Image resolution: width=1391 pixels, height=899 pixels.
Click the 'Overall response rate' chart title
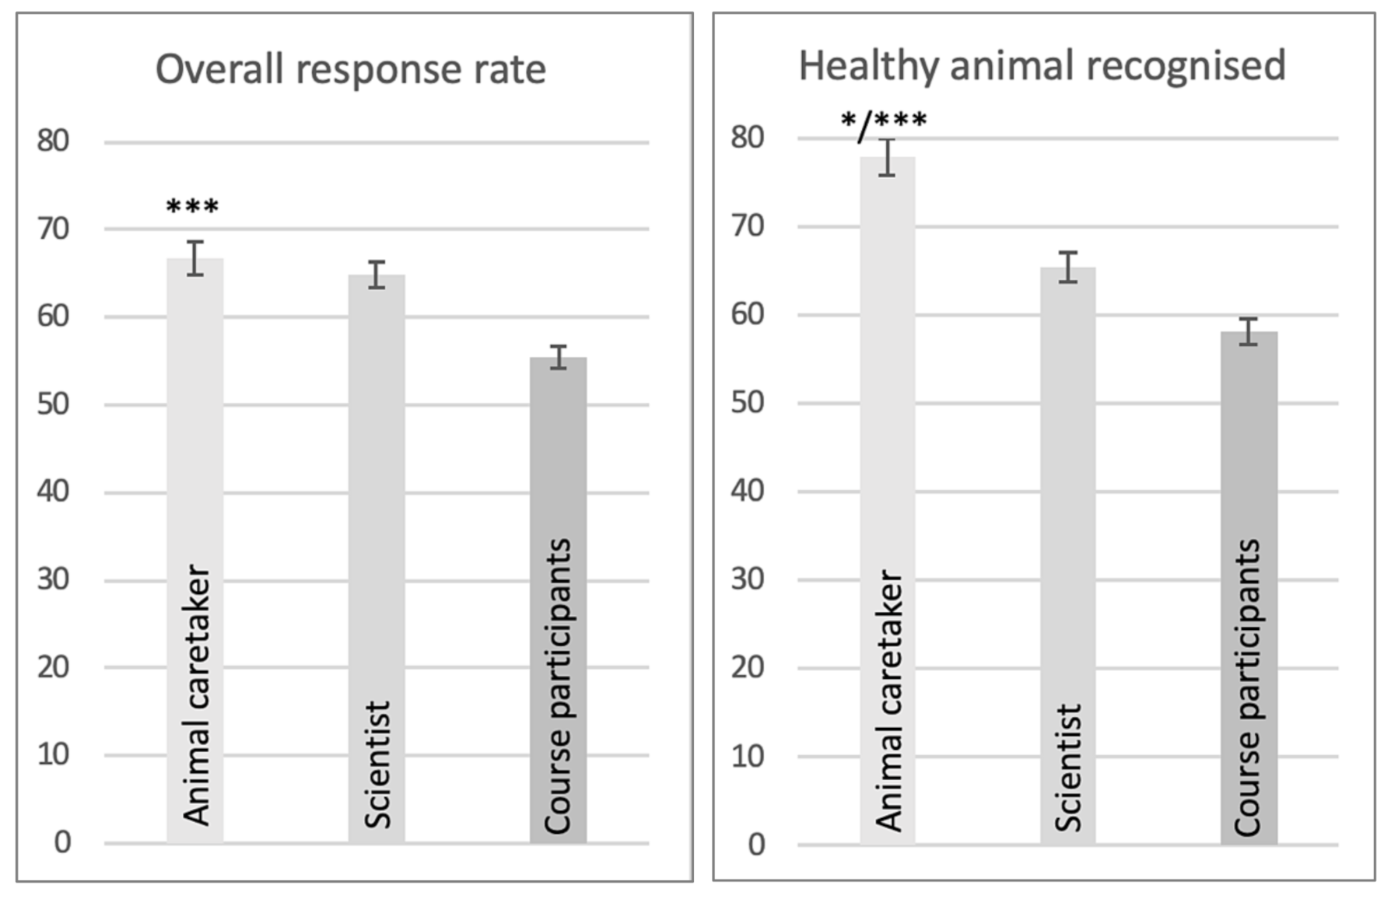pyautogui.click(x=351, y=69)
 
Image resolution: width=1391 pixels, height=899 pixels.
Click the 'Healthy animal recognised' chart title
pyautogui.click(x=1042, y=65)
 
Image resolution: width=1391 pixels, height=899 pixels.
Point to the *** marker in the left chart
pyautogui.click(x=193, y=207)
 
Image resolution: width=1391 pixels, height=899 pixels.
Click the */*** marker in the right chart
pyautogui.click(x=885, y=121)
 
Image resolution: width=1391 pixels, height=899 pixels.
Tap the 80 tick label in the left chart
pyautogui.click(x=53, y=141)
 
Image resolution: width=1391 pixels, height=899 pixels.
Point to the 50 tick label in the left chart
pyautogui.click(x=53, y=404)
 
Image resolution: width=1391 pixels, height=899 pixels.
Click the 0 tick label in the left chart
pyautogui.click(x=62, y=842)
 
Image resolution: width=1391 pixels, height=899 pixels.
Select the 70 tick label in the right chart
pyautogui.click(x=748, y=226)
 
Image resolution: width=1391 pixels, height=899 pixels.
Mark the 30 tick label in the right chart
pyautogui.click(x=748, y=579)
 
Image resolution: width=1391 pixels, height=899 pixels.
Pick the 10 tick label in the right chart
pyautogui.click(x=748, y=756)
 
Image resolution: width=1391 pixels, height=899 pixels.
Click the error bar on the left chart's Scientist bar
pyautogui.click(x=377, y=275)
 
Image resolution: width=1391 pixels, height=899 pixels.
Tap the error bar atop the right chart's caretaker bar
pyautogui.click(x=887, y=157)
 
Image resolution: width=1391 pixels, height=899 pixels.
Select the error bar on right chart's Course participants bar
pyautogui.click(x=1249, y=331)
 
